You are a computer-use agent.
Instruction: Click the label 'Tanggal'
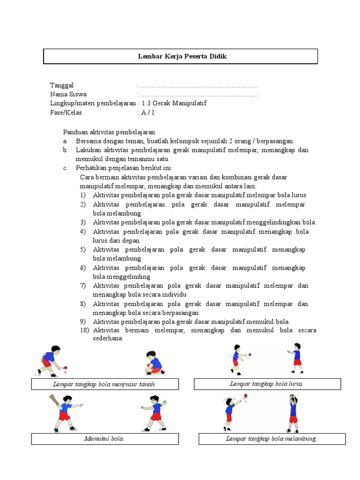click(x=62, y=85)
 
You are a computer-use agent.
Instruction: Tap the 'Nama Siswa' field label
click(x=68, y=94)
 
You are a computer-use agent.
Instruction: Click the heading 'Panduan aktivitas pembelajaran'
click(x=109, y=132)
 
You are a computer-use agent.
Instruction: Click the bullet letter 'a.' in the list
click(x=66, y=141)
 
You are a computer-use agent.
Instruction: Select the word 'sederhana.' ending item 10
click(x=108, y=338)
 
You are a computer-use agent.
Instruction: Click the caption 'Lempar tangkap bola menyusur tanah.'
click(x=105, y=384)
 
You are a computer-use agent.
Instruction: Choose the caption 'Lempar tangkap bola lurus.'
click(x=267, y=384)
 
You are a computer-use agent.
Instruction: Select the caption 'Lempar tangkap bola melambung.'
click(x=272, y=439)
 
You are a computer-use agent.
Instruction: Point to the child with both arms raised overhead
click(x=293, y=410)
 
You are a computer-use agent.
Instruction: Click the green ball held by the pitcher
click(x=165, y=402)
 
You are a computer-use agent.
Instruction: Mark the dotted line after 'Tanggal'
click(x=199, y=86)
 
